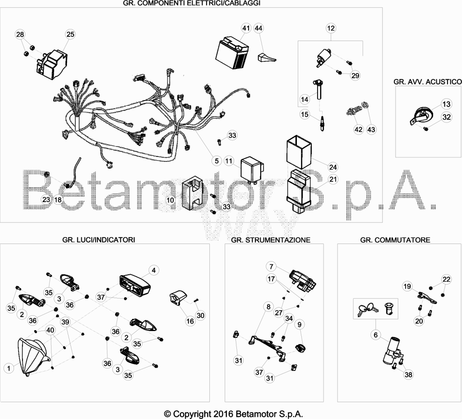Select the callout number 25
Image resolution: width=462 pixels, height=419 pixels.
click(x=70, y=34)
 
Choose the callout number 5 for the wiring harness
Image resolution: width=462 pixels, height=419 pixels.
click(x=217, y=161)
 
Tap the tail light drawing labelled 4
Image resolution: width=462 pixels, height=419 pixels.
click(x=135, y=284)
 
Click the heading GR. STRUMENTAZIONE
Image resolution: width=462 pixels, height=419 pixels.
click(x=271, y=240)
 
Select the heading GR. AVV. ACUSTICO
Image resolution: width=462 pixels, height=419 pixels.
click(x=428, y=82)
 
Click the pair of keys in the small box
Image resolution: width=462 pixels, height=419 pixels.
click(x=366, y=309)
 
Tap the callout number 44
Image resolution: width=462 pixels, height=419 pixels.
click(x=259, y=28)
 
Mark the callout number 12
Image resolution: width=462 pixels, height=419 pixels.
click(x=331, y=28)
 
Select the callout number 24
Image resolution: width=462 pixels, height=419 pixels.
click(x=333, y=167)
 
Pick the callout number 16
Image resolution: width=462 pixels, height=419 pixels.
click(x=190, y=321)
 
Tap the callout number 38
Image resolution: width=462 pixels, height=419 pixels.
click(x=408, y=374)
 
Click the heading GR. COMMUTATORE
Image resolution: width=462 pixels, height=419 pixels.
click(x=395, y=240)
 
